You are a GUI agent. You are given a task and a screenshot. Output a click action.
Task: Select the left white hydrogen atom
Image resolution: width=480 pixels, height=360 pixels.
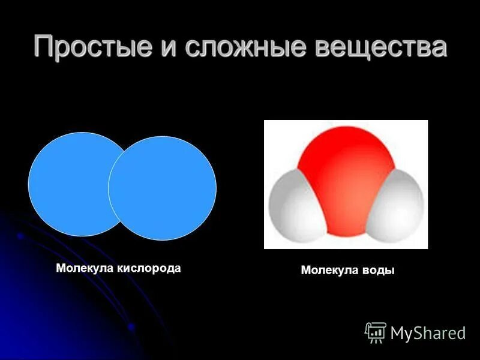point(293,207)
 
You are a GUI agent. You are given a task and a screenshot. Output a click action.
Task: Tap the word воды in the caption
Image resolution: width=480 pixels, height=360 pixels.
point(377,271)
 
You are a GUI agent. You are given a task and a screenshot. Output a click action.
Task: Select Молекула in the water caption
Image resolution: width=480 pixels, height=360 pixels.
point(328,271)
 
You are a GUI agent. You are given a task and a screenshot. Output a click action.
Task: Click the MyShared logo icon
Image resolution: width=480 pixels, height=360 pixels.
point(376,332)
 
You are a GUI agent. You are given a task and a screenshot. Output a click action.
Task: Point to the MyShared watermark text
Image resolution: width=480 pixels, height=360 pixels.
point(428,334)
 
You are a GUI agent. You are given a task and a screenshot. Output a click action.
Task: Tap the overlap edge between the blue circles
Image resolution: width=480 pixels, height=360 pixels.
point(109,186)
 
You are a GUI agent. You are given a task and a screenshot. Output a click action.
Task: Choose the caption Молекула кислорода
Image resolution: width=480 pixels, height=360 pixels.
point(118,268)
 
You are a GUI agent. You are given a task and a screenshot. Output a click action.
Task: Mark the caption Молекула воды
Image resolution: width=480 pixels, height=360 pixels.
point(347,271)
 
